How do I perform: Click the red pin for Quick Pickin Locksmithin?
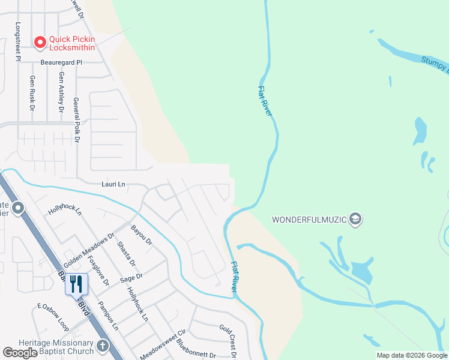coord(40,42)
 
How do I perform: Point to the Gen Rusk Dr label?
coord(32,93)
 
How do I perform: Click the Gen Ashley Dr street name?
coord(61,93)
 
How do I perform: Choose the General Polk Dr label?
coord(76,120)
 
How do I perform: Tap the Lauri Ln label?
coord(96,184)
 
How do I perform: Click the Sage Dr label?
coord(131,278)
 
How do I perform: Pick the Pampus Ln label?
coord(109,315)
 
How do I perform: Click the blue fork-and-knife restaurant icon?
coord(76,283)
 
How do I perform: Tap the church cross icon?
coord(103,346)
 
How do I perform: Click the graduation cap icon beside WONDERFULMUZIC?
coord(355,219)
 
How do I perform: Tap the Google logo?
coord(20,353)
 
